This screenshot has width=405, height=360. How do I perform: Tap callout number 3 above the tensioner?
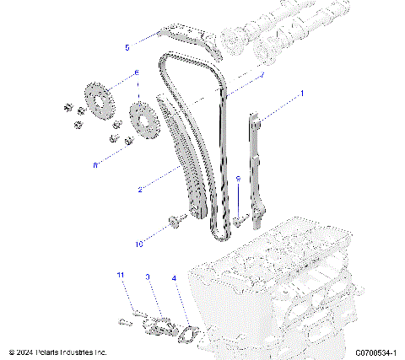point(148,276)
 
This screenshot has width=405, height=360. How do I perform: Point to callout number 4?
point(174,277)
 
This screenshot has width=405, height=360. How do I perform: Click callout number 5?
point(127,47)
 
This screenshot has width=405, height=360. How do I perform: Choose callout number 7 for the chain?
point(262,75)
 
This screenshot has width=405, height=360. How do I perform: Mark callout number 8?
point(95,165)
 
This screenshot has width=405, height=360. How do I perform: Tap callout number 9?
point(238,180)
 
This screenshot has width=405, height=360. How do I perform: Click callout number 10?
point(139,244)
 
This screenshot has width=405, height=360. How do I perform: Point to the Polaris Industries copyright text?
point(58,352)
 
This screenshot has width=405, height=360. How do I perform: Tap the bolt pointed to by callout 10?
point(175,222)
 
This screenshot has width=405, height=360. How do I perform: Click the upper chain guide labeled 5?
point(186,39)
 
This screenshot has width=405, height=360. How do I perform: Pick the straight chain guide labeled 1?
point(256,169)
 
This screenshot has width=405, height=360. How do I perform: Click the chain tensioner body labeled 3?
point(157,324)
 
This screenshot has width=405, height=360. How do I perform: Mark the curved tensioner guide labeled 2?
point(189,164)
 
